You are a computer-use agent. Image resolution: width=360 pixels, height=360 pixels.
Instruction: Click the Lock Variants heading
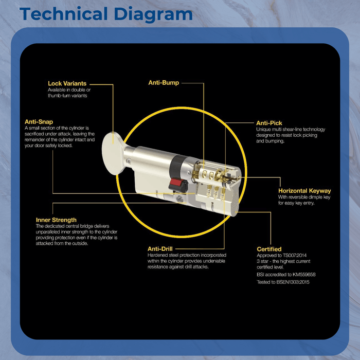click(x=67, y=83)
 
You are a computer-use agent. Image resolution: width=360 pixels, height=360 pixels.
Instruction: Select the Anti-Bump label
click(x=164, y=83)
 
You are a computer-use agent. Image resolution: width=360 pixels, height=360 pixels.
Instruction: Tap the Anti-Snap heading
click(x=39, y=122)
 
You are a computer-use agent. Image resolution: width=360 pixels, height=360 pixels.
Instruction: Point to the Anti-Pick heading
click(x=269, y=123)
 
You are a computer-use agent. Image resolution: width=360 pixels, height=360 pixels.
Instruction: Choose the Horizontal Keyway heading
click(x=304, y=191)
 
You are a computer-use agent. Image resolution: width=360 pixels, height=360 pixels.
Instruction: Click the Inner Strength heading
click(x=56, y=220)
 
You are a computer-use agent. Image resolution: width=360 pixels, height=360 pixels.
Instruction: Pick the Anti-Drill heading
click(x=160, y=249)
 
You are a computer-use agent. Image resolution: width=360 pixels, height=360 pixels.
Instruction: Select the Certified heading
click(x=269, y=249)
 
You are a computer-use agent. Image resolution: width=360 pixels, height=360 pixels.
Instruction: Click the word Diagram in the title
click(x=153, y=14)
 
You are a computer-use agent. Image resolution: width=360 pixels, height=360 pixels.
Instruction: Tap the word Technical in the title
click(x=64, y=14)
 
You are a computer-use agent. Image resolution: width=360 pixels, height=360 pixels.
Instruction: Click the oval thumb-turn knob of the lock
click(x=112, y=154)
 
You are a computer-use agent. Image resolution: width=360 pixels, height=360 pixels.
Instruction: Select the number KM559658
click(x=304, y=275)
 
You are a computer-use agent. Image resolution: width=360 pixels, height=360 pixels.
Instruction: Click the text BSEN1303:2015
click(x=293, y=282)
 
